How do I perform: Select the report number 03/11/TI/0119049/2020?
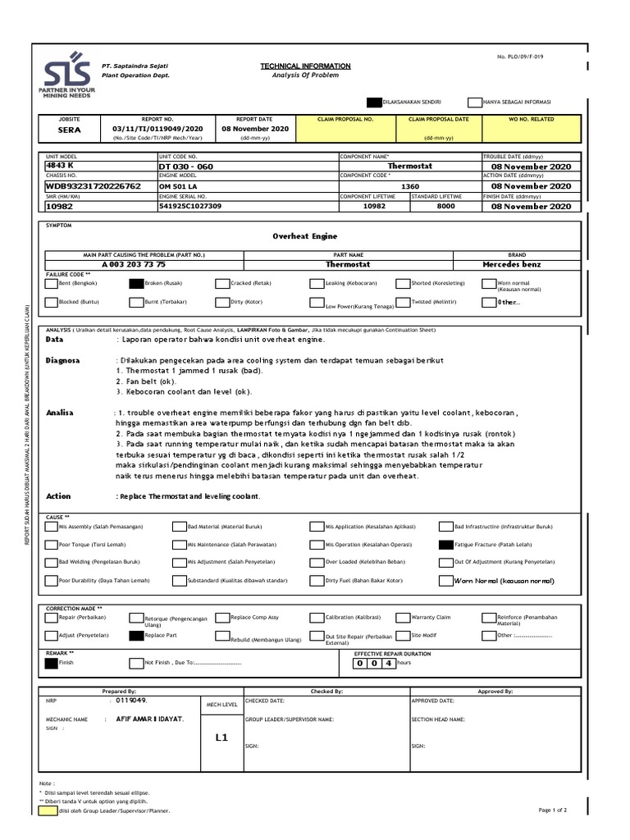pos(153,130)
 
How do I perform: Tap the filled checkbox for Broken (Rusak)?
pos(135,284)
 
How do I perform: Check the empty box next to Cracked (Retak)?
pos(221,284)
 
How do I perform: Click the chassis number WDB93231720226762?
pos(93,186)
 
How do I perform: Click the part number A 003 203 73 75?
pos(134,265)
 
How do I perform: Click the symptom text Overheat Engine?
pos(304,235)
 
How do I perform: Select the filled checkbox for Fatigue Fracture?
pos(445,545)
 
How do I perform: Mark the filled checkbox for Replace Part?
pos(135,635)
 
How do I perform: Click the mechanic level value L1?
pos(221,737)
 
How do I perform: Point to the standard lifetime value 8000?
pos(445,207)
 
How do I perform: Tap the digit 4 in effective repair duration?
pos(389,663)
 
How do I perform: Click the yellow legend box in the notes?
pos(48,810)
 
